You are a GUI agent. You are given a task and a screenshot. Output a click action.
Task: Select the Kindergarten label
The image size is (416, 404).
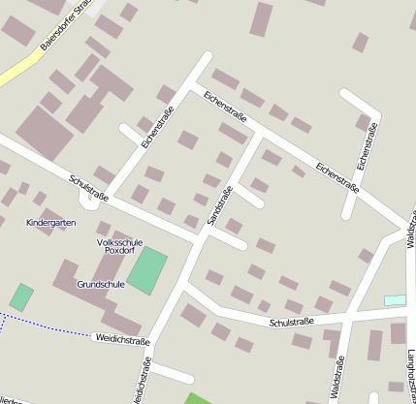(x=48, y=223)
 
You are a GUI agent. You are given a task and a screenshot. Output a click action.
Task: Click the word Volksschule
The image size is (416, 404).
(x=119, y=241)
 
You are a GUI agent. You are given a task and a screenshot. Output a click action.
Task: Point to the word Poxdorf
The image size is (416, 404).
(x=119, y=250)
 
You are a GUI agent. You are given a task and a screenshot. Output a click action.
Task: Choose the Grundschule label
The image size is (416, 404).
(x=101, y=285)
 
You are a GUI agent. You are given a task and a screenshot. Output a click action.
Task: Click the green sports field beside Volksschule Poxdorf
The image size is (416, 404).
(x=147, y=270)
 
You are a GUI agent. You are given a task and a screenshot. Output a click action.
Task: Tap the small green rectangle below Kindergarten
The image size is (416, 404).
(x=21, y=297)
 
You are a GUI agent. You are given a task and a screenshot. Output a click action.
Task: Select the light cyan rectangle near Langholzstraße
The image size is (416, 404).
(x=395, y=300)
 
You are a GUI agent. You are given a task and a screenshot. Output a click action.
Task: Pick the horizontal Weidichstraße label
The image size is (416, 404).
(x=121, y=339)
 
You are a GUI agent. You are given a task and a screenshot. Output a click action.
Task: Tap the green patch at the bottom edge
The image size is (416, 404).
(x=198, y=398)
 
